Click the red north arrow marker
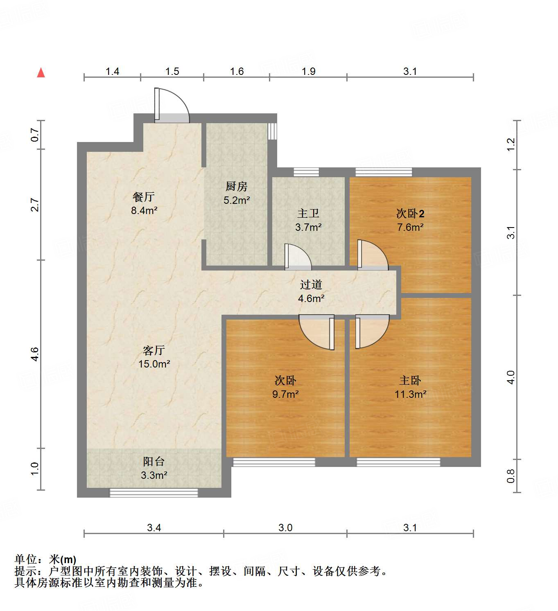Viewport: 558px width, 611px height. pyautogui.click(x=41, y=73)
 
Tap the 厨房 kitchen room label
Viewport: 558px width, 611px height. pyautogui.click(x=237, y=187)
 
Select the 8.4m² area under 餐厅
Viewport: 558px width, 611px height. pyautogui.click(x=144, y=211)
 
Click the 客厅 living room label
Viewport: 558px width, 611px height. pyautogui.click(x=154, y=350)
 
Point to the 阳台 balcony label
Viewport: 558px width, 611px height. pyautogui.click(x=154, y=462)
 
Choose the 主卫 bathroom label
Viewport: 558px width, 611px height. pyautogui.click(x=308, y=214)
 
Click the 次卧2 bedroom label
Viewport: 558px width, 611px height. pyautogui.click(x=410, y=214)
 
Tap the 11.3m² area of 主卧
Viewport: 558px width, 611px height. pyautogui.click(x=410, y=395)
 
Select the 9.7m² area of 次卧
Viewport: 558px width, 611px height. pyautogui.click(x=285, y=395)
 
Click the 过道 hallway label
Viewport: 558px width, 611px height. pyautogui.click(x=311, y=285)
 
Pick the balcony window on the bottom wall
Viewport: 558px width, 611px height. pyautogui.click(x=154, y=493)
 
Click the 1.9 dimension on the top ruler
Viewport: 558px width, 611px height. pyautogui.click(x=308, y=72)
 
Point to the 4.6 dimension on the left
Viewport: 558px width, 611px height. pyautogui.click(x=35, y=354)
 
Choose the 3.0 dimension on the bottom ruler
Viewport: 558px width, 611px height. pyautogui.click(x=285, y=528)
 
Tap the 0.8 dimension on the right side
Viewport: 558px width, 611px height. pyautogui.click(x=511, y=476)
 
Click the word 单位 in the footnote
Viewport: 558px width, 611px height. pyautogui.click(x=25, y=559)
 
